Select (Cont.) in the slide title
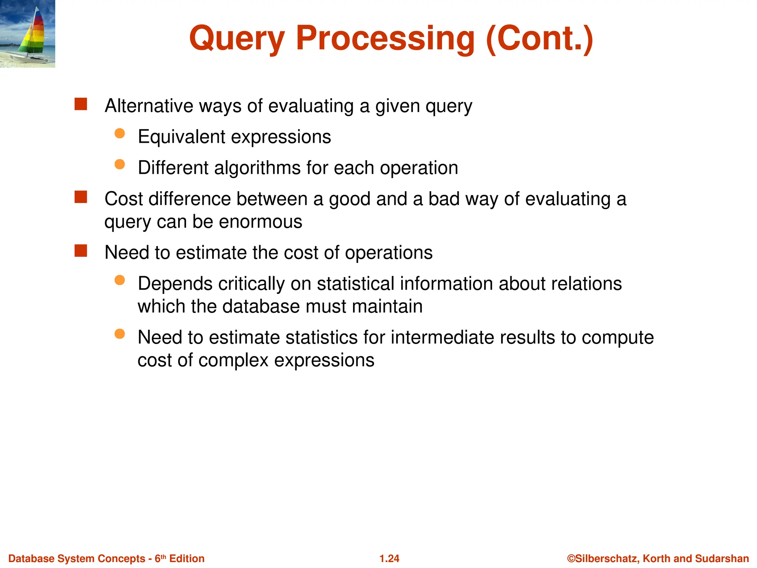click(x=539, y=39)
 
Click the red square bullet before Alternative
click(x=81, y=104)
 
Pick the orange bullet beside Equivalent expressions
click(x=119, y=133)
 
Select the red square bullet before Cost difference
click(x=81, y=197)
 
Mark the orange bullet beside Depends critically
click(x=119, y=280)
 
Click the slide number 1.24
click(x=389, y=558)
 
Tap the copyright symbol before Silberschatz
click(x=571, y=558)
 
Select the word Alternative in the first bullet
click(x=149, y=106)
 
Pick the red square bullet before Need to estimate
click(x=81, y=251)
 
